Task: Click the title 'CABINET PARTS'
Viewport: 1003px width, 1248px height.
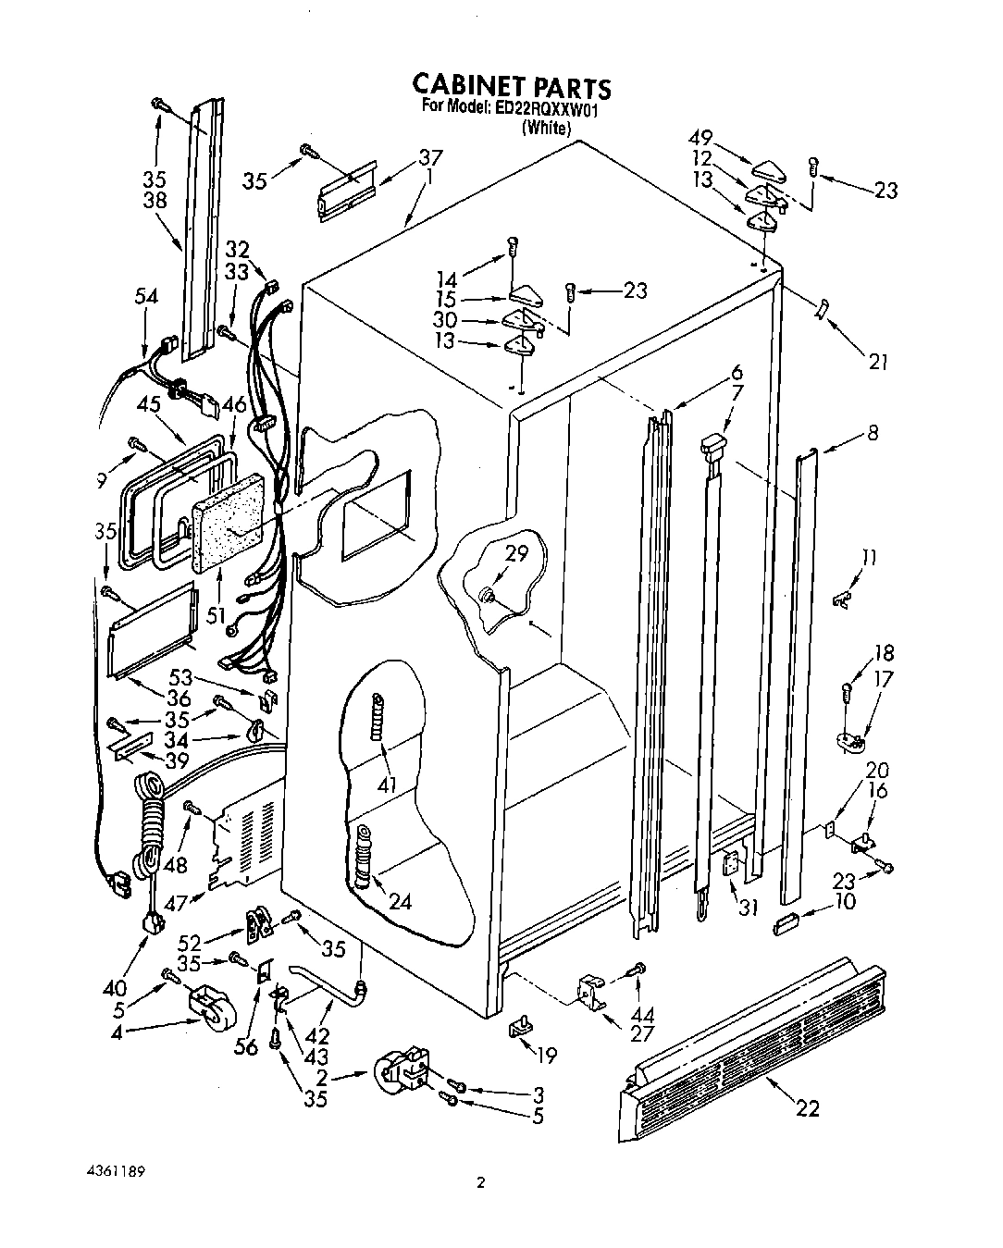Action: pyautogui.click(x=511, y=87)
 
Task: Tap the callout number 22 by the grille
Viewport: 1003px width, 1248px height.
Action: pyautogui.click(x=808, y=1107)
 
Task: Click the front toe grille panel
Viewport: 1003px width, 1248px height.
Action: pyautogui.click(x=749, y=1046)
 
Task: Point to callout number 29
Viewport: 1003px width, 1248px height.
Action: pyautogui.click(x=516, y=555)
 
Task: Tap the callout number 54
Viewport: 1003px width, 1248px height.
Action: pyautogui.click(x=145, y=296)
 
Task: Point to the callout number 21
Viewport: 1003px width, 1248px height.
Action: pyautogui.click(x=878, y=361)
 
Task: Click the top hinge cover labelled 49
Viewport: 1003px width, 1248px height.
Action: pyautogui.click(x=768, y=168)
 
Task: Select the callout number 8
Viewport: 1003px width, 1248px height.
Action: pyautogui.click(x=872, y=432)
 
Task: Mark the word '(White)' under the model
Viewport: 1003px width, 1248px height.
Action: pyautogui.click(x=545, y=129)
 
